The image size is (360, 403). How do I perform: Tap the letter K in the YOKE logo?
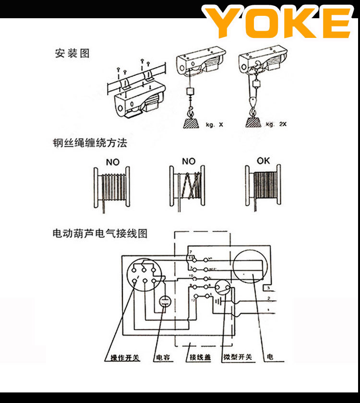click(x=302, y=23)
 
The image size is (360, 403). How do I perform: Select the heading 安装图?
click(x=72, y=53)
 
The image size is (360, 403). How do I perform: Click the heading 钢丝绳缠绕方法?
click(x=90, y=143)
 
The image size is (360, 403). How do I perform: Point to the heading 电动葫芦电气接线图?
click(x=100, y=234)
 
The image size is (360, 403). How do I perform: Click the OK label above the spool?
click(x=264, y=161)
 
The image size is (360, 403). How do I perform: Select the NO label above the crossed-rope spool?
click(x=189, y=162)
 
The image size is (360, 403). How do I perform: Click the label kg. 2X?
click(x=278, y=125)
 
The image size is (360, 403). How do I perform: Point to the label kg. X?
click(x=214, y=125)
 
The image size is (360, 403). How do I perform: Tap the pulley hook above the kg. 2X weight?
click(x=251, y=102)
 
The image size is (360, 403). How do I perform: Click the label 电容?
click(x=163, y=358)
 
